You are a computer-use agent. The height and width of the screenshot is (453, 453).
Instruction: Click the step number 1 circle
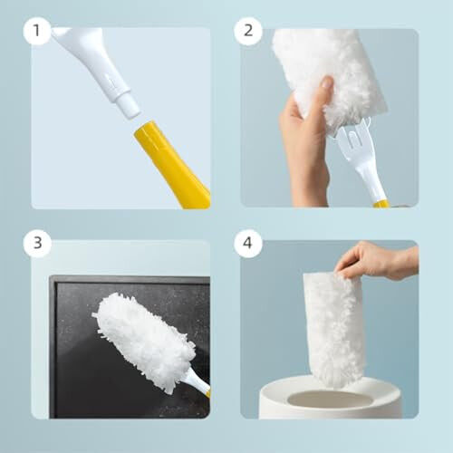point(37,32)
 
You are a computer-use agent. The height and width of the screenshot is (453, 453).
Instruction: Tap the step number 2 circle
point(246,32)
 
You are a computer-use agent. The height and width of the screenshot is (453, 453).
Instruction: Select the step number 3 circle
point(37,244)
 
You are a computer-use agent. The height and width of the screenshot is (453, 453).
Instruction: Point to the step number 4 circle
point(246,244)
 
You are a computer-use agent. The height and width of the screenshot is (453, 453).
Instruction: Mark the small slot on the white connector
point(111,81)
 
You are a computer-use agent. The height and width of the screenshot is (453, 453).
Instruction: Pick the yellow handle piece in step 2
point(381,204)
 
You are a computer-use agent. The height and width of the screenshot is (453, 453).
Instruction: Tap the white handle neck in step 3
point(195,381)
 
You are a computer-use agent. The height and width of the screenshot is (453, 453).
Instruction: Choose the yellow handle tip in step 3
point(207,394)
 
